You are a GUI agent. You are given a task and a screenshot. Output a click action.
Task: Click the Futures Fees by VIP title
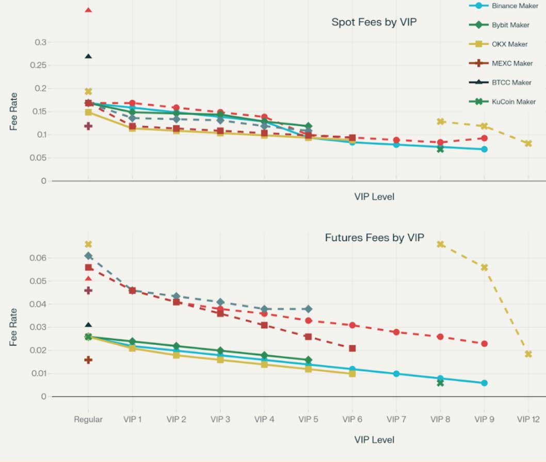pyautogui.click(x=374, y=238)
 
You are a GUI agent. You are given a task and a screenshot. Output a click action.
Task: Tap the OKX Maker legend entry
pyautogui.click(x=509, y=44)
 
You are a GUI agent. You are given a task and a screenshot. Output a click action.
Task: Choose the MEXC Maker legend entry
pyautogui.click(x=511, y=63)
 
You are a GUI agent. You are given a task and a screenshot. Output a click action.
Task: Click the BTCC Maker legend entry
pyautogui.click(x=511, y=83)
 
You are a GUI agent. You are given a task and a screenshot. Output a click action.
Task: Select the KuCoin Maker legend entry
pyautogui.click(x=513, y=102)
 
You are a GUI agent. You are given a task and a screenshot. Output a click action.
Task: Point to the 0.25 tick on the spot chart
pyautogui.click(x=39, y=66)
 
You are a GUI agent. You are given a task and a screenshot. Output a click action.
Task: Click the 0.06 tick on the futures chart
pyautogui.click(x=39, y=258)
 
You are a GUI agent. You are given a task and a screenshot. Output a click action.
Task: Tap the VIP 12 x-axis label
pyautogui.click(x=528, y=420)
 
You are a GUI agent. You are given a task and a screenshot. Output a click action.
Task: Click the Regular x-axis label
pyautogui.click(x=88, y=420)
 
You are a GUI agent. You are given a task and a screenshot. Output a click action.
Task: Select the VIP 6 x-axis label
pyautogui.click(x=352, y=420)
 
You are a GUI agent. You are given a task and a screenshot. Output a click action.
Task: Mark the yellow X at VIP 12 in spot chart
pyautogui.click(x=528, y=144)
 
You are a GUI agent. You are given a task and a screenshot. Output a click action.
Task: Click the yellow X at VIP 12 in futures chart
pyautogui.click(x=528, y=354)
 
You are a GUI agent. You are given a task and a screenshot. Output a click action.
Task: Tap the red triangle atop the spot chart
pyautogui.click(x=88, y=10)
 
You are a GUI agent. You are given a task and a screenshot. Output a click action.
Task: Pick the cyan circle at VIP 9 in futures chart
pyautogui.click(x=484, y=383)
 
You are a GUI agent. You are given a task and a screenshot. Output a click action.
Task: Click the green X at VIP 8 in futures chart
pyautogui.click(x=440, y=383)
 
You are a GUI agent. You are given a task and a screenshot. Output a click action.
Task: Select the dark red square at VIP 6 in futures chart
pyautogui.click(x=352, y=348)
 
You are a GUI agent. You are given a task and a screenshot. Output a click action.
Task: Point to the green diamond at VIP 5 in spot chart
pyautogui.click(x=308, y=126)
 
